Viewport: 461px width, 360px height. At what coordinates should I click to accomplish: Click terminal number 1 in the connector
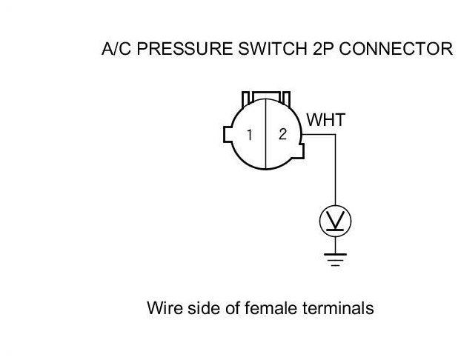coord(251,136)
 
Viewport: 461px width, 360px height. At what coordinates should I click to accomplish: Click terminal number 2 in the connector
coord(282,135)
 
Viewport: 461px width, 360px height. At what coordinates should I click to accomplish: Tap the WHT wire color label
coord(326,120)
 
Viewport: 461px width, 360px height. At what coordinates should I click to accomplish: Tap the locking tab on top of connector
coord(265,98)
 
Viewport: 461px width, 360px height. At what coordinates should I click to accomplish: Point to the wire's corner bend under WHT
coord(336,135)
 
